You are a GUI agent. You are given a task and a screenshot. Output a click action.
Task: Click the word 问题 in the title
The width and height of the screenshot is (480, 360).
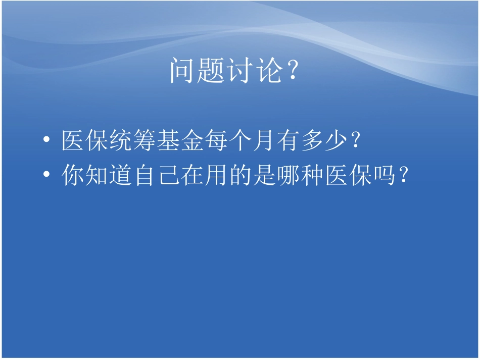197,71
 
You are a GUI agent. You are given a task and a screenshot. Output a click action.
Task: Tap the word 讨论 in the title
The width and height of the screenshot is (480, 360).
252,71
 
